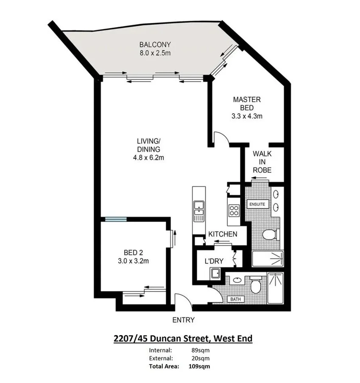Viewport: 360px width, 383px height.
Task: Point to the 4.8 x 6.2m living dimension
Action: click(148, 157)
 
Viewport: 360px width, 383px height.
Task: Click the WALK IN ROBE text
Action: click(262, 162)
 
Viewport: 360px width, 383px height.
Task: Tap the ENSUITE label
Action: click(257, 204)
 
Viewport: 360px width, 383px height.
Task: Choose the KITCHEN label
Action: click(223, 234)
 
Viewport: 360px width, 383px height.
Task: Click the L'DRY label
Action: click(214, 261)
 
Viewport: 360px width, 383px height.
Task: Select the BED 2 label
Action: click(133, 253)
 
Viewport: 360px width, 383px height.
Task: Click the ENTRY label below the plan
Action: click(183, 320)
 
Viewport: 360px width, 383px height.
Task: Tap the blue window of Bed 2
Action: click(116, 219)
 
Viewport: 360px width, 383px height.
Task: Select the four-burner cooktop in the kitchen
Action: click(234, 210)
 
